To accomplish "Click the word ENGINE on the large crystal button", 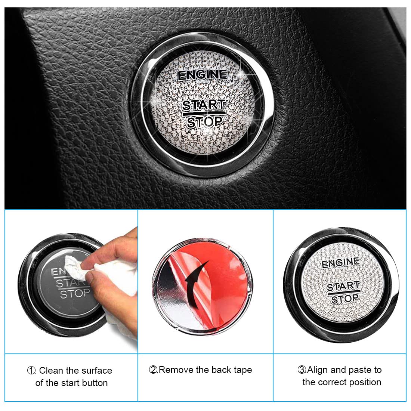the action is click(203, 75).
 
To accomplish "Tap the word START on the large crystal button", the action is click(204, 105).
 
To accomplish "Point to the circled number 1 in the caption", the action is click(31, 370).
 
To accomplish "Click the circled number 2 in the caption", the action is click(153, 370).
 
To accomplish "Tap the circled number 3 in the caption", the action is click(302, 370).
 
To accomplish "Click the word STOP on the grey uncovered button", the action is click(75, 294).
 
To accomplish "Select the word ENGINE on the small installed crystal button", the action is click(340, 263).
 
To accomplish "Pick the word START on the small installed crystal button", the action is click(343, 286).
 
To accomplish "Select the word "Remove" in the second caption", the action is click(176, 370).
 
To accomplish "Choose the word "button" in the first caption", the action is click(95, 383).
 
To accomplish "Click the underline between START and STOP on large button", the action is click(204, 114).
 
